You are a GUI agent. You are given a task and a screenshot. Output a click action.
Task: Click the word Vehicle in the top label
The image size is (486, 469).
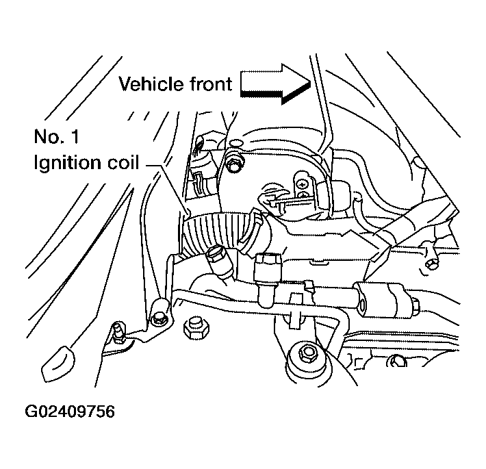148,85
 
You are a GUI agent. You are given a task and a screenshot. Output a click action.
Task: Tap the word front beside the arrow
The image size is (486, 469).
208,85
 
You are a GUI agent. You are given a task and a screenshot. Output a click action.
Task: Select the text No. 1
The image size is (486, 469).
56,137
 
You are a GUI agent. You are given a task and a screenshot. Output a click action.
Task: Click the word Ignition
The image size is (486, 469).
66,164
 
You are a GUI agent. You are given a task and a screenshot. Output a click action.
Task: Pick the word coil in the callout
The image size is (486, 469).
121,164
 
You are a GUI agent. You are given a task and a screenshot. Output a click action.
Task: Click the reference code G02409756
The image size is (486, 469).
70,411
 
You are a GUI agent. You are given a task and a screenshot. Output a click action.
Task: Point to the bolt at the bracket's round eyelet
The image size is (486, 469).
160,316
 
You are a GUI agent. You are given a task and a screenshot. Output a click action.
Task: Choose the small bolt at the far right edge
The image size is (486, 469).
429,260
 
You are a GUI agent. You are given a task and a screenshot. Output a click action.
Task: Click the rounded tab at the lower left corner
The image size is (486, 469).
58,363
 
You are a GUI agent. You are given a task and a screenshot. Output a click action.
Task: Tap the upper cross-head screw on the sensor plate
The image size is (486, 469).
300,181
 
